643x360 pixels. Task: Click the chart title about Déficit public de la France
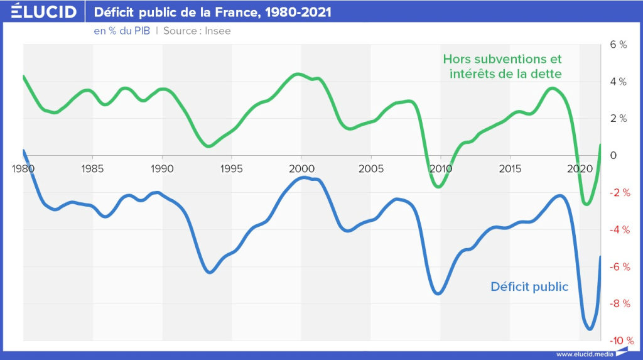pyautogui.click(x=213, y=13)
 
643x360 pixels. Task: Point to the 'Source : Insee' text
pyautogui.click(x=197, y=31)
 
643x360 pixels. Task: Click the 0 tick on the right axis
pyautogui.click(x=613, y=156)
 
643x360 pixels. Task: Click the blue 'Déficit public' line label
pyautogui.click(x=529, y=287)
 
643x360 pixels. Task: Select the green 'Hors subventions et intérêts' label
pyautogui.click(x=502, y=67)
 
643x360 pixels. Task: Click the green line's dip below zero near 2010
pyautogui.click(x=439, y=187)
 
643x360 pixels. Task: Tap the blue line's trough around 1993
pyautogui.click(x=210, y=272)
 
